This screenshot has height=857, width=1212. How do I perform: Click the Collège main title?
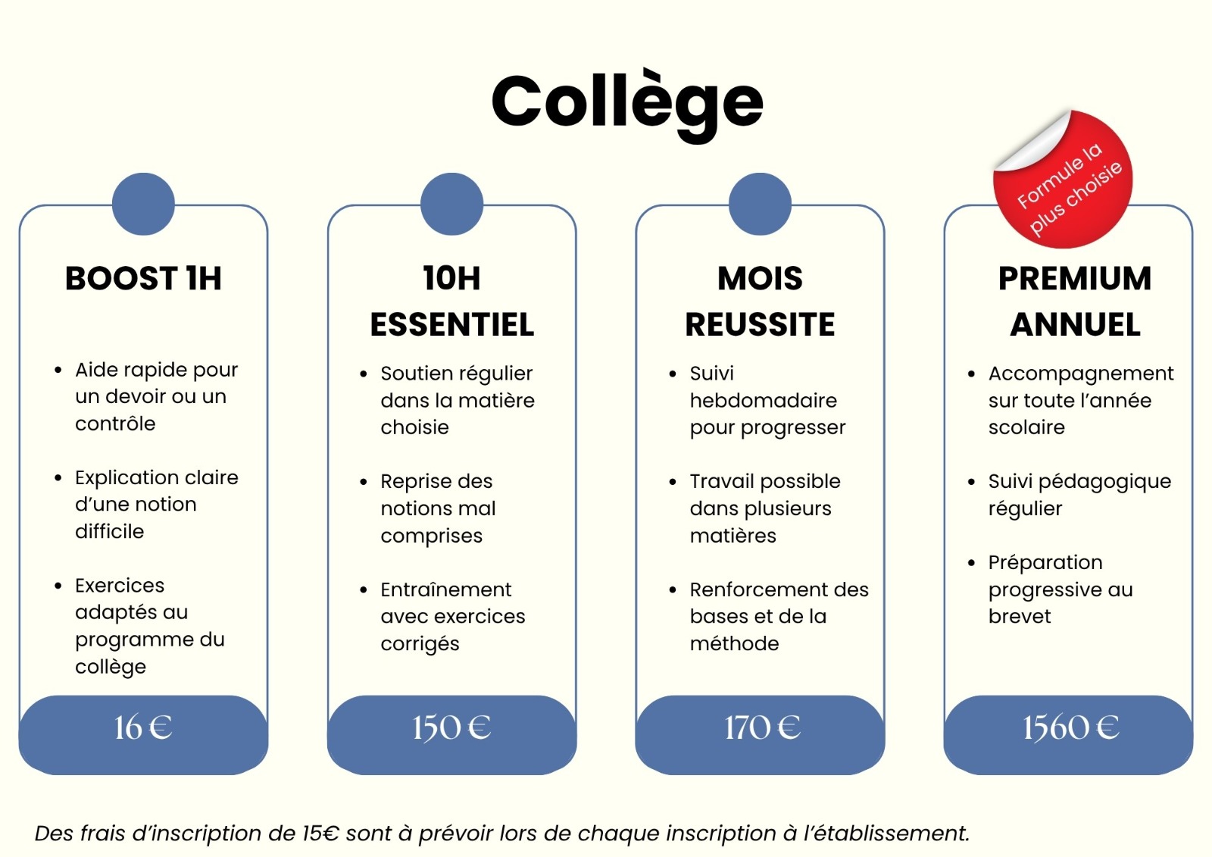tap(627, 106)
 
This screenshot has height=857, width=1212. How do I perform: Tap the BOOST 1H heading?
tap(143, 278)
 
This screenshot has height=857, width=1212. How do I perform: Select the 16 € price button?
tap(143, 735)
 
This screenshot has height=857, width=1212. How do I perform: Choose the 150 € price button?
tap(451, 735)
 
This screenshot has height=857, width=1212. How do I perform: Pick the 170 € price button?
tap(761, 735)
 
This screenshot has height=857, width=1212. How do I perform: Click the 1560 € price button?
tap(1069, 735)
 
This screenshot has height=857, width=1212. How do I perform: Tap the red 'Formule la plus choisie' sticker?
tap(1064, 180)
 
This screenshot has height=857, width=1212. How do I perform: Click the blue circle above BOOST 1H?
tap(143, 204)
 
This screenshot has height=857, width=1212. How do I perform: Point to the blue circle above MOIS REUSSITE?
tap(761, 204)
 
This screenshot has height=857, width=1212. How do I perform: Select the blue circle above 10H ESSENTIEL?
tap(451, 204)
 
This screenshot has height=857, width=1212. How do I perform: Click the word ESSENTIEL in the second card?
tap(451, 325)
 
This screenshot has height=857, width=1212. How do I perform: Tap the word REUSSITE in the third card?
tap(761, 325)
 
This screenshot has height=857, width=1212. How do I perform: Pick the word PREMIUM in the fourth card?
tap(1075, 278)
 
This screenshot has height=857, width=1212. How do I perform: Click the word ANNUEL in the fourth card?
tap(1075, 325)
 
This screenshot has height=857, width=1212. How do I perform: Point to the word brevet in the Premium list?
tap(1020, 616)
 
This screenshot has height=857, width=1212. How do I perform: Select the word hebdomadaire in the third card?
tap(764, 400)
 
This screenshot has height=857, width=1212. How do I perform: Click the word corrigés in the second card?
tap(420, 644)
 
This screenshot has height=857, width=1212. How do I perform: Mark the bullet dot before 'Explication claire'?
tap(58, 478)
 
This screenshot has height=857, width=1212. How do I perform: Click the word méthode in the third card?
tap(734, 643)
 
